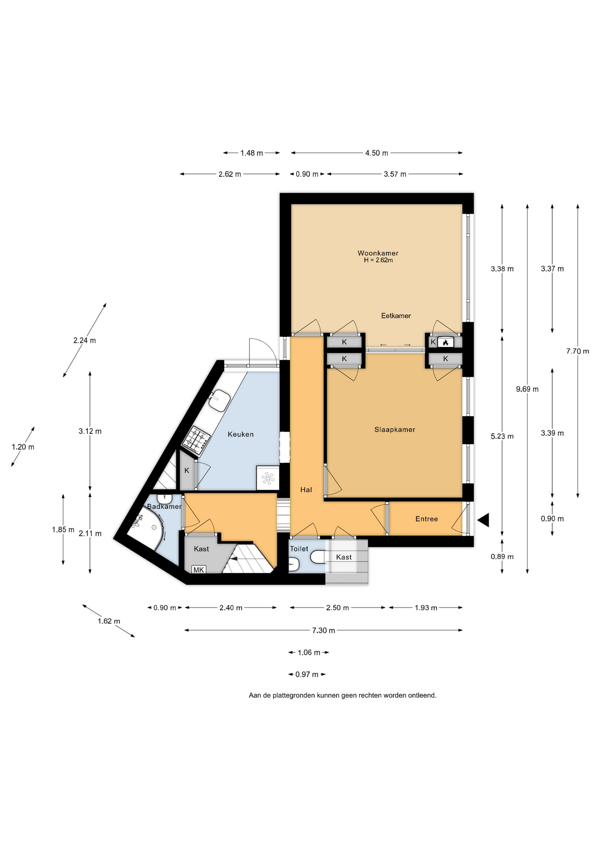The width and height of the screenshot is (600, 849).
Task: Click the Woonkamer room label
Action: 378,253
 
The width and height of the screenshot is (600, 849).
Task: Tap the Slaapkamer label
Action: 395,429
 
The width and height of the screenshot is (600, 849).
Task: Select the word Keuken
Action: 240,434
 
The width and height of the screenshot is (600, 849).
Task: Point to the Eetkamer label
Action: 396,316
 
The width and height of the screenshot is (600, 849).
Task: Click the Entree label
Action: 426,519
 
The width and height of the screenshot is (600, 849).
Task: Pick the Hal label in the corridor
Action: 306,490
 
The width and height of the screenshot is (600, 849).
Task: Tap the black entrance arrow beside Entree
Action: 483,520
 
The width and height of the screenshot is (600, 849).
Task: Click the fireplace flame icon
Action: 445,342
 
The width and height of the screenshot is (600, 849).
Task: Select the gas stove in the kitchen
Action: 196,440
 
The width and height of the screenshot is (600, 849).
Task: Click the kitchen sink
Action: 219,401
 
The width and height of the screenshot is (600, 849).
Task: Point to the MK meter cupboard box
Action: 198,570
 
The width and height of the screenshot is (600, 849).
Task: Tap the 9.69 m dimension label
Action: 527,389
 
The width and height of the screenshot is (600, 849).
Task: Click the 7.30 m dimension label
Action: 323,630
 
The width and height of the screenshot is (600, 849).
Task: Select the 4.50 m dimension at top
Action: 376,153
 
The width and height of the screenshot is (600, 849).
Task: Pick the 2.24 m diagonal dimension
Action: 84,340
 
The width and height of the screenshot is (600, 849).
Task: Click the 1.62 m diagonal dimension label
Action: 109,621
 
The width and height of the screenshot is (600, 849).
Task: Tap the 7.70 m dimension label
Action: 577,351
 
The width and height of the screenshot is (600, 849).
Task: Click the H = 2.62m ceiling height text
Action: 378,260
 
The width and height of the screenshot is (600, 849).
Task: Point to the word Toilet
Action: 299,549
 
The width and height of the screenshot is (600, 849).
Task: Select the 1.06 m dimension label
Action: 309,652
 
